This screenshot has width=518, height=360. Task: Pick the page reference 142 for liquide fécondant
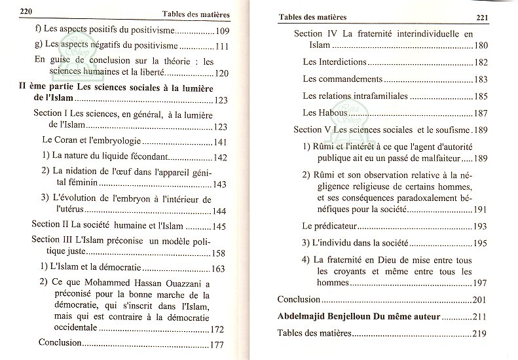[220, 158]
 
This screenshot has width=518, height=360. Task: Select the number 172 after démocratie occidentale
[217, 329]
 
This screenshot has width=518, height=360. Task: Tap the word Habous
[333, 113]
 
